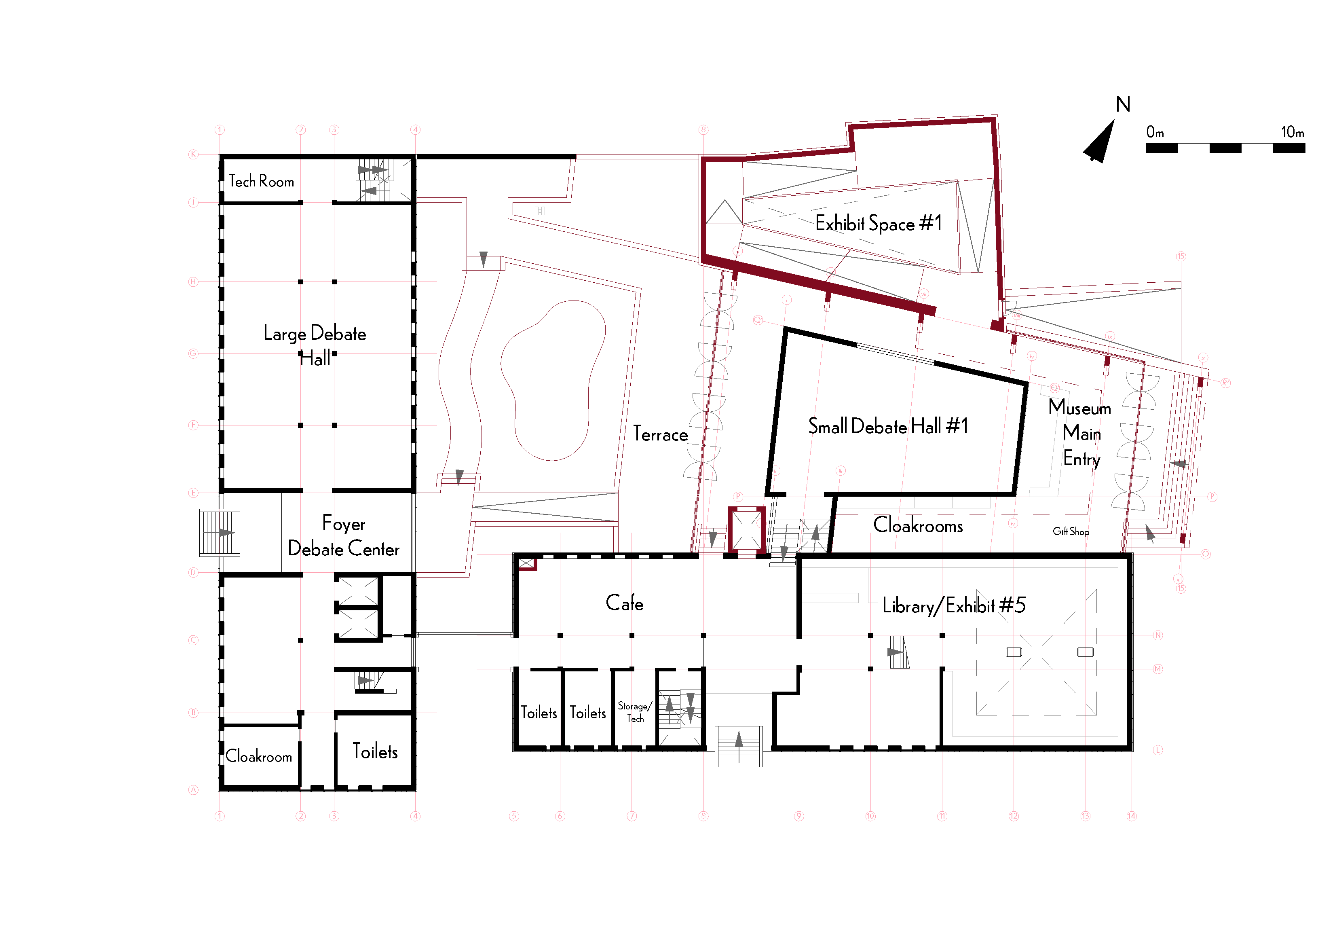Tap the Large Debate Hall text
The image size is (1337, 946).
tap(315, 344)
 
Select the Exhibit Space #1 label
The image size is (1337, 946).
tap(878, 223)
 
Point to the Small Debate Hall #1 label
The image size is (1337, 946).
tap(888, 426)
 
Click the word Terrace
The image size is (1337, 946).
tap(660, 434)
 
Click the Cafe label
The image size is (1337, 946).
tap(624, 603)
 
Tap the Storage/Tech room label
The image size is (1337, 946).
tap(635, 712)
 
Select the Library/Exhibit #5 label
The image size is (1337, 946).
tap(953, 606)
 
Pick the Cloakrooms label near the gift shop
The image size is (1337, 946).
tap(918, 525)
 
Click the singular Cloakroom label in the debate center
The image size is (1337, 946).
tap(259, 756)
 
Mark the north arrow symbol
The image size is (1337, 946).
tap(1099, 143)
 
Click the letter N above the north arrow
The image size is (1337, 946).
tap(1123, 104)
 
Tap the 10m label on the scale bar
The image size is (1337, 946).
tap(1292, 132)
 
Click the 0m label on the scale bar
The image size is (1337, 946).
tap(1155, 132)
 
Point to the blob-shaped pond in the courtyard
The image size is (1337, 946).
tap(553, 379)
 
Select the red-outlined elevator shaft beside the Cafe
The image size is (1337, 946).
tap(747, 529)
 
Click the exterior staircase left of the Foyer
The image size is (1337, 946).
tap(220, 532)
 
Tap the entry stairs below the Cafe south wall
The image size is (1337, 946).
tap(738, 746)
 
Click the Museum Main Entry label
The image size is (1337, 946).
tap(1080, 433)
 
